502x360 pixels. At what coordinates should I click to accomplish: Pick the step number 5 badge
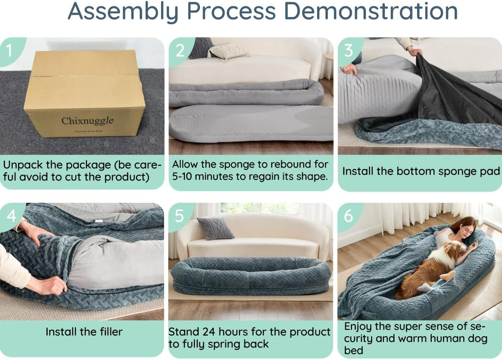coord(179,216)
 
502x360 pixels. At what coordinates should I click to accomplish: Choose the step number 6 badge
coord(348,216)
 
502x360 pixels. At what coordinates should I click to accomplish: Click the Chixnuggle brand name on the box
coord(87,121)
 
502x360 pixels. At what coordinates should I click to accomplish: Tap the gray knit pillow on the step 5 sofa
coord(215,228)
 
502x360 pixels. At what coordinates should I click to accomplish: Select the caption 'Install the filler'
coord(84,332)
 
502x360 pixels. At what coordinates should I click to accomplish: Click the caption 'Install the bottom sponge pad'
coord(421,171)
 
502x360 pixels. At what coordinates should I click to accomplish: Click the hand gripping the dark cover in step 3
coord(414,51)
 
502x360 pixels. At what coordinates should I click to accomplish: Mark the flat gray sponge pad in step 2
coord(251,122)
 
